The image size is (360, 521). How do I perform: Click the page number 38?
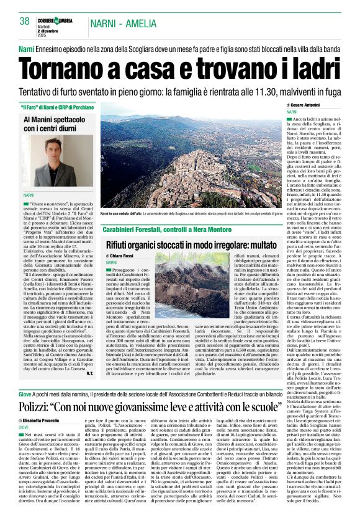click(x=24, y=21)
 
